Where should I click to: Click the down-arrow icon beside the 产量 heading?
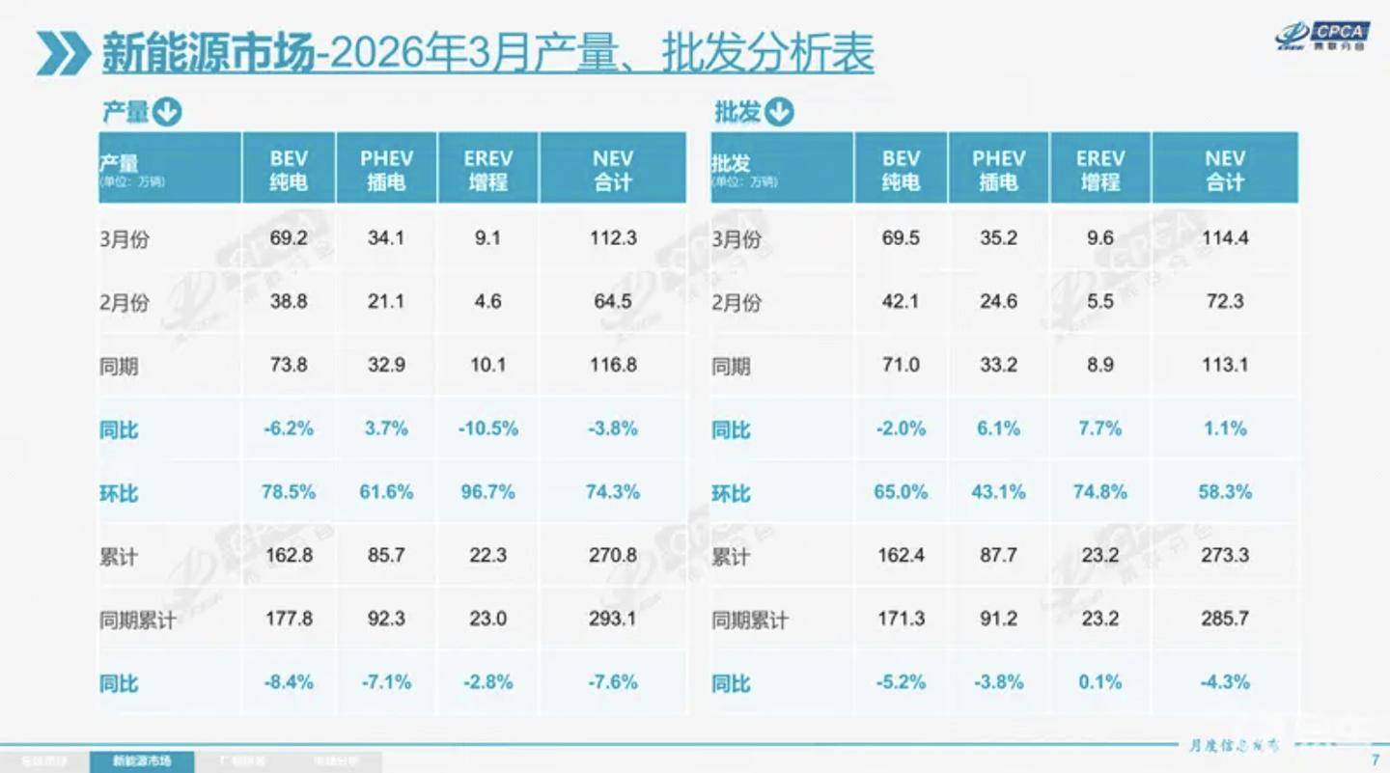[167, 113]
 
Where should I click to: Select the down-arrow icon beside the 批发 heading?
[779, 113]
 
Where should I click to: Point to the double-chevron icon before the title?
[63, 53]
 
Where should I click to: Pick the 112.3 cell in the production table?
[612, 237]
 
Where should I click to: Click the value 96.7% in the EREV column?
[487, 492]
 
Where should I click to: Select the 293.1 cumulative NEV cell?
[612, 619]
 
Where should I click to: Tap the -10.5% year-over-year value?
[487, 428]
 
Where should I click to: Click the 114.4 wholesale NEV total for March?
[1225, 237]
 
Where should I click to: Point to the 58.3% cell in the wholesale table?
[1225, 492]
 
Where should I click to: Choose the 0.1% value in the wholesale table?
[1099, 682]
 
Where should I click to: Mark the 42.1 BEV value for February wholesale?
[901, 301]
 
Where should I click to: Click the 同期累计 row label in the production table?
[138, 620]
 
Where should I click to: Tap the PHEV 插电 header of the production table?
[386, 170]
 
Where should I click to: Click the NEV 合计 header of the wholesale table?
[1225, 170]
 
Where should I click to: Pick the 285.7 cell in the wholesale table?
[1225, 619]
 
